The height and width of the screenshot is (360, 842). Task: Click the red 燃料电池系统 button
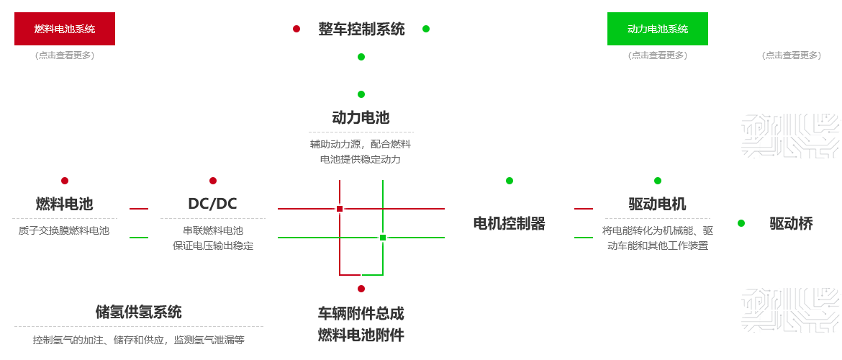[x=64, y=29]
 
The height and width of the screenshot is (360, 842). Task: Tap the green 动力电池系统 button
[x=658, y=29]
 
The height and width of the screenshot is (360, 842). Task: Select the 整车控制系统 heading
[x=361, y=30]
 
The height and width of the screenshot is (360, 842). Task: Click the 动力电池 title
[x=361, y=117]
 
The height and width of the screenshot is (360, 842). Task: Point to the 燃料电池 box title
[x=65, y=204]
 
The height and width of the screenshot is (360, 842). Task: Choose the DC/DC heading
[x=212, y=204]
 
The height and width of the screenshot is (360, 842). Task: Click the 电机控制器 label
[x=509, y=223]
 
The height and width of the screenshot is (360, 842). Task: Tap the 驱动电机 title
[x=657, y=204]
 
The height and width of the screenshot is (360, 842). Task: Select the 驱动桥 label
[x=791, y=223]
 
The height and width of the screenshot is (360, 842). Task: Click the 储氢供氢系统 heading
[x=138, y=312]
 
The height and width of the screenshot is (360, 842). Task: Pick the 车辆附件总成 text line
[x=361, y=314]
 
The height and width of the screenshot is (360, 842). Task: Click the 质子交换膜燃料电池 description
[x=65, y=231]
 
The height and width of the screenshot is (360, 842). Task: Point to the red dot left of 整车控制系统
[x=296, y=29]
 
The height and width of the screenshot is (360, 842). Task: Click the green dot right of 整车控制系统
[x=426, y=29]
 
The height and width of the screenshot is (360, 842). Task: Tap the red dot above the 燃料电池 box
[x=65, y=181]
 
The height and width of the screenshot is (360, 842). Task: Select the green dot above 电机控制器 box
[x=510, y=181]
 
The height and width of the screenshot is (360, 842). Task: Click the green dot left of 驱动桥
[x=741, y=223]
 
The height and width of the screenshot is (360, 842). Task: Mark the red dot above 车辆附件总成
[x=361, y=289]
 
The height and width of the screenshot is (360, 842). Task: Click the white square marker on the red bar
[x=340, y=208]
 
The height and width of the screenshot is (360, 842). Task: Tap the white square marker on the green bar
[x=383, y=237]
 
